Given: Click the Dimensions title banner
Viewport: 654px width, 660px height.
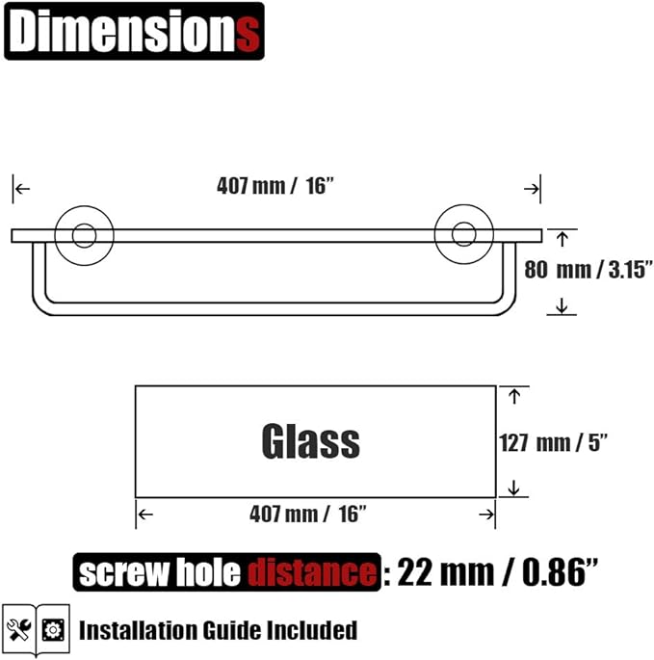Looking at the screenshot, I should (x=134, y=32).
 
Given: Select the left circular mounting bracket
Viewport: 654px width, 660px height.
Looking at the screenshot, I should (x=84, y=235).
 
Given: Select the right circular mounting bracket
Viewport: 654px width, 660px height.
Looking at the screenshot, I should (x=463, y=235).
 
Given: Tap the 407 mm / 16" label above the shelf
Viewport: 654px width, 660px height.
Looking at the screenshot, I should (x=275, y=187).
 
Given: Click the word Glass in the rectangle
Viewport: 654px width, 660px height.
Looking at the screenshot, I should (x=310, y=442).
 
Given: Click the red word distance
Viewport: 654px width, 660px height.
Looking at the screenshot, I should (x=312, y=574).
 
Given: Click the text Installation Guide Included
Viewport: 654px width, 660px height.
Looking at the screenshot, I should (x=218, y=631).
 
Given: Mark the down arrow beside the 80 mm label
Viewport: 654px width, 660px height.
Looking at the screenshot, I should (x=562, y=306).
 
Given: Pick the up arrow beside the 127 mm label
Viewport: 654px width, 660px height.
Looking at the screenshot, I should (x=513, y=395).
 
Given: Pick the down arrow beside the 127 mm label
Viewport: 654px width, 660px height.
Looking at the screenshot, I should (x=513, y=488).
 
